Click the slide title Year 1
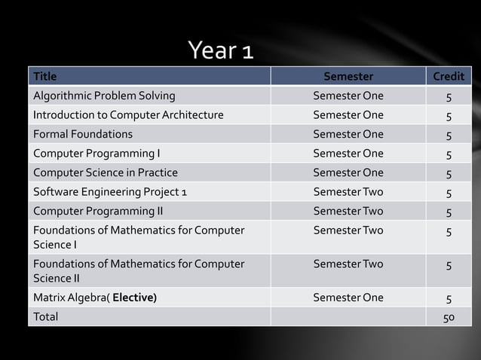click(x=220, y=50)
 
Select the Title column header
click(x=45, y=76)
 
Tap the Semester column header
click(x=348, y=76)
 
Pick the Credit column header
click(x=449, y=76)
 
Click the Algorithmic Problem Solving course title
click(x=104, y=96)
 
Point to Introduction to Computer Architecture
click(x=128, y=115)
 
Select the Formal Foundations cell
click(x=83, y=134)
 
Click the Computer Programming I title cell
click(x=97, y=154)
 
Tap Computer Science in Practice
click(x=106, y=172)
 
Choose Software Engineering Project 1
click(x=110, y=192)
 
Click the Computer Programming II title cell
click(x=98, y=211)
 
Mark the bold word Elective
click(x=135, y=297)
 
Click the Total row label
click(x=45, y=316)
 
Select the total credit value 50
click(x=449, y=317)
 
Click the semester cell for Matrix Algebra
click(x=348, y=297)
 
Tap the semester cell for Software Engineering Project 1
click(x=348, y=192)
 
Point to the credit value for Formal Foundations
click(x=449, y=136)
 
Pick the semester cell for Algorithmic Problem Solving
click(x=348, y=96)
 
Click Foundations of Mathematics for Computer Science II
click(x=139, y=271)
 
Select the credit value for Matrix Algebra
click(x=449, y=298)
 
